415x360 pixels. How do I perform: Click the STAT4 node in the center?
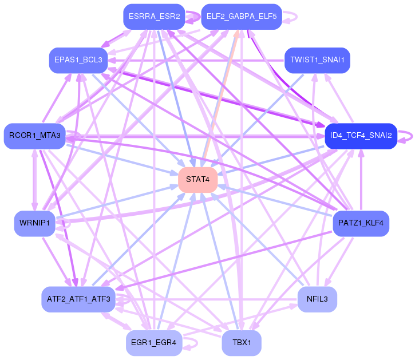(197, 180)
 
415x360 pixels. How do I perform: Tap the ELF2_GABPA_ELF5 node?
(241, 17)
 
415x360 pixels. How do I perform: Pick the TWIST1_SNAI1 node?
(317, 60)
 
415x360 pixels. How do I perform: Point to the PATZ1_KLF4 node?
(361, 223)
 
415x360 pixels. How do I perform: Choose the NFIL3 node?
(317, 299)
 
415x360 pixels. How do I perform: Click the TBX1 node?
(241, 342)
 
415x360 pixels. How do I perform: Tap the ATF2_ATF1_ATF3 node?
(78, 299)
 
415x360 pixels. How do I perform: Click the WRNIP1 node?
(35, 223)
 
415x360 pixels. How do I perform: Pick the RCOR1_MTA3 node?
(35, 136)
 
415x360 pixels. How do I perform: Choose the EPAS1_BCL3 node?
(78, 60)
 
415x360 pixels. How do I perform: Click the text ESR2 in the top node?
(169, 17)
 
